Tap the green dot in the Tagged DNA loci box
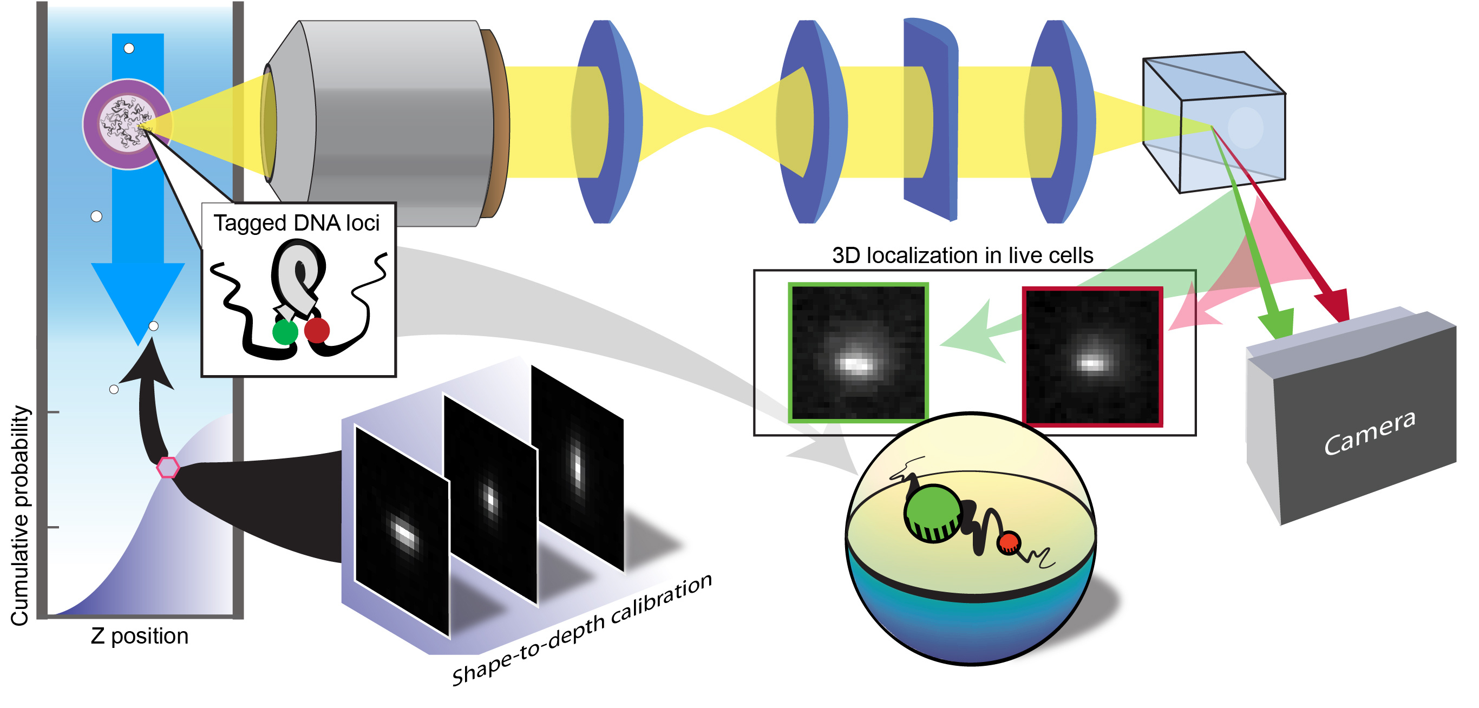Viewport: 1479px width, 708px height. pyautogui.click(x=285, y=332)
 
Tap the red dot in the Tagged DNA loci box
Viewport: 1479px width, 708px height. pyautogui.click(x=316, y=330)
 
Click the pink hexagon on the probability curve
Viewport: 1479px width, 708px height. pyautogui.click(x=168, y=468)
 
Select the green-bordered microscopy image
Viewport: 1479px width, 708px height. pyautogui.click(x=858, y=352)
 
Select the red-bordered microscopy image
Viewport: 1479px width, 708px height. pyautogui.click(x=1092, y=357)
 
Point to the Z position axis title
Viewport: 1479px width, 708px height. pyautogui.click(x=140, y=636)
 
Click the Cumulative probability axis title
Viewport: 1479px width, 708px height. pyautogui.click(x=20, y=515)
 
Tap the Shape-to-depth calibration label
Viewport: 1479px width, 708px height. pyautogui.click(x=581, y=630)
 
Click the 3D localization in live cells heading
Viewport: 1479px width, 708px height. pyautogui.click(x=962, y=255)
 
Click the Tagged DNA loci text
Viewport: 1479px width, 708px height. pyautogui.click(x=296, y=223)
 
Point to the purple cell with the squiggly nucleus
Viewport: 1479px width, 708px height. pyautogui.click(x=127, y=124)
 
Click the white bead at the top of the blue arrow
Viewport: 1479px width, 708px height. pyautogui.click(x=129, y=48)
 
